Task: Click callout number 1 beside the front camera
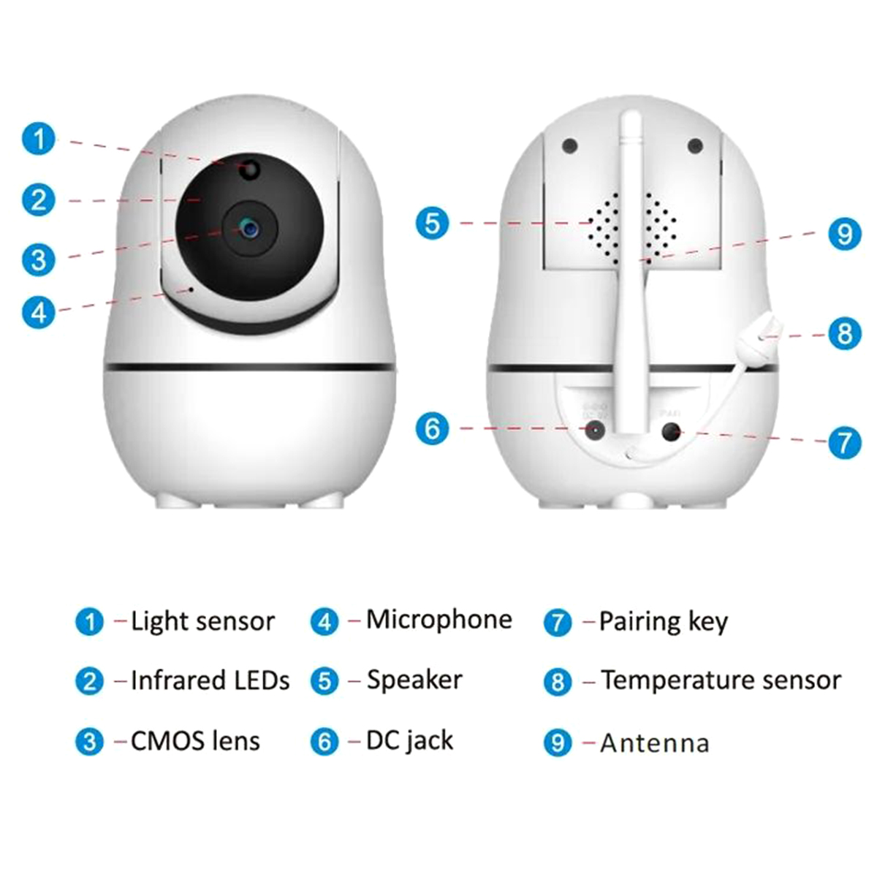coord(39,139)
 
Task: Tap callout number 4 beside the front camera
coord(39,312)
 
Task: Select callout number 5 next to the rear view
coord(433,223)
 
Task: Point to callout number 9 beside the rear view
coord(845,234)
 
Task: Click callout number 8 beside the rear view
coord(845,334)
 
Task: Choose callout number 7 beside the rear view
coord(845,441)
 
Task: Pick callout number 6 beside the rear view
coord(433,428)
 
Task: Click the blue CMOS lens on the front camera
coord(249,228)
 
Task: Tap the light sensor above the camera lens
coord(250,170)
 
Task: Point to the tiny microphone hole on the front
coord(191,289)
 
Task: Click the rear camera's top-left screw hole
coord(570,146)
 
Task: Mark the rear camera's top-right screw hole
coord(695,146)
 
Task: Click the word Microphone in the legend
coord(439,620)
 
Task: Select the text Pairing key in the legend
coord(664,622)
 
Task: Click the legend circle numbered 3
coord(90,742)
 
